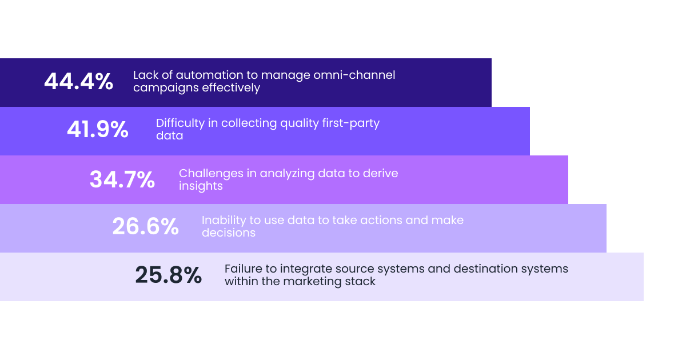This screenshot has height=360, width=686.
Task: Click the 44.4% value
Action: [79, 81]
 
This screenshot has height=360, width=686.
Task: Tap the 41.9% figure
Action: [98, 129]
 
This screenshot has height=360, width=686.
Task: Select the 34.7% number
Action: [122, 179]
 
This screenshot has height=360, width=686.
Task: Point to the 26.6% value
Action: [145, 226]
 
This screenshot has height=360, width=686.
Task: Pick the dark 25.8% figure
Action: [169, 275]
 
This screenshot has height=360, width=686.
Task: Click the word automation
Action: [210, 75]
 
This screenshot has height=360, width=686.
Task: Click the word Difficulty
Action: [181, 123]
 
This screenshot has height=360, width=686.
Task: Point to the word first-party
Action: [350, 123]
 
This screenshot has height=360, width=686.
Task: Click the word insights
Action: [201, 186]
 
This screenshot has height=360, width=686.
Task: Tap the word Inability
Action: [224, 221]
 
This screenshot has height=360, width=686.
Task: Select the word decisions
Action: [229, 233]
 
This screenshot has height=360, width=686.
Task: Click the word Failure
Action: [243, 269]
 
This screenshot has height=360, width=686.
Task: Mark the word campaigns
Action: [166, 88]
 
